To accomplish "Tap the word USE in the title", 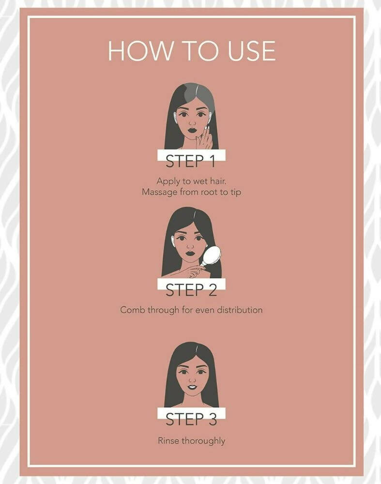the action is coord(251,51).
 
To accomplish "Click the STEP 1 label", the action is coord(190,161).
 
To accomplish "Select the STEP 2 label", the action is coord(191,290).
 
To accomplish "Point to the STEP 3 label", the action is coord(191,419).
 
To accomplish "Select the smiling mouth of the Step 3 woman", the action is coord(192,386).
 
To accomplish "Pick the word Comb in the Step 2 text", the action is coord(133,309).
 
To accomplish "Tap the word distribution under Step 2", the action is coord(240,309).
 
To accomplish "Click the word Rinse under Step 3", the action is coord(168,440).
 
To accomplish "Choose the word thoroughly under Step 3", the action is coord(203,441).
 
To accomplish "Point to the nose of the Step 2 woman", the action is coord(191,246).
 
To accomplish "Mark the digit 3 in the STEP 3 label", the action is coord(212,419).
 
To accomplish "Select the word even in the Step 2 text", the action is coord(205,310).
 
